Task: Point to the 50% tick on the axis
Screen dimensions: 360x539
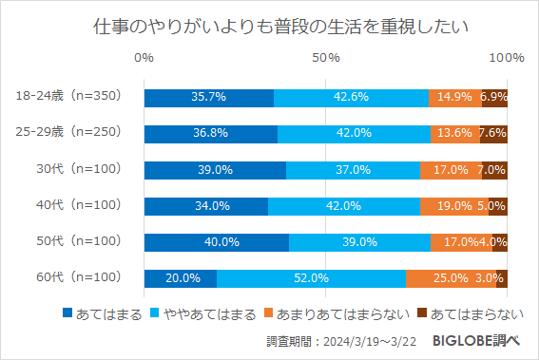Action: (326, 59)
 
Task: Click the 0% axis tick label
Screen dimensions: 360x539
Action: (144, 59)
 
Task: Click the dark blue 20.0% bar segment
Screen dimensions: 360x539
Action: (181, 278)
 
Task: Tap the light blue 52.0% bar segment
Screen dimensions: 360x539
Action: (311, 278)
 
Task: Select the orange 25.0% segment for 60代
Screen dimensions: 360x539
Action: (451, 278)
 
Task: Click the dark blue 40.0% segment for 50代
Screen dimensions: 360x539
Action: (216, 242)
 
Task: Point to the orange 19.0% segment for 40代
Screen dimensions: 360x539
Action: (453, 205)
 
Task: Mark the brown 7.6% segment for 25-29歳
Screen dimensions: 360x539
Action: (493, 133)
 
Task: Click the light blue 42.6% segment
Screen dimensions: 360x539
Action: (351, 97)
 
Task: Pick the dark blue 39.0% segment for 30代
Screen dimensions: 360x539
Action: (215, 169)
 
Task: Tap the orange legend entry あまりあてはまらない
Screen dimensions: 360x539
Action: (324, 313)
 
